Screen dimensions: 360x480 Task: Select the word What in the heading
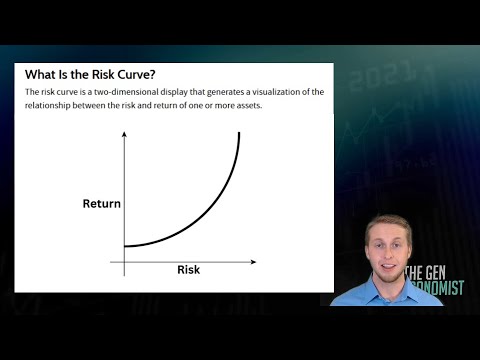pos(41,73)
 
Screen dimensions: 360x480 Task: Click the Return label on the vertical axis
pos(101,204)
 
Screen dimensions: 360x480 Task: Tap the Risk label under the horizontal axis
pos(189,269)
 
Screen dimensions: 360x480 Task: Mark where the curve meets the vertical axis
pos(124,246)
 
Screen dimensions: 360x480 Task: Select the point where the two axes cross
pos(124,262)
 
